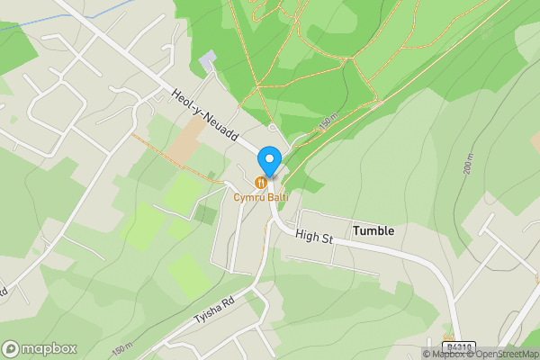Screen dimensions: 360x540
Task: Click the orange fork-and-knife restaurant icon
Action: (261, 183)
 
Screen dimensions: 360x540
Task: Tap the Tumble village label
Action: (373, 230)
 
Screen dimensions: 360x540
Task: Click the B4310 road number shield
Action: (458, 346)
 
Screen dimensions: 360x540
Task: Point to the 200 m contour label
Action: (467, 166)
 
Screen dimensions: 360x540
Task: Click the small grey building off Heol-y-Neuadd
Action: (208, 59)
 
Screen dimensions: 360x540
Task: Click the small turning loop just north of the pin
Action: (274, 129)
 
